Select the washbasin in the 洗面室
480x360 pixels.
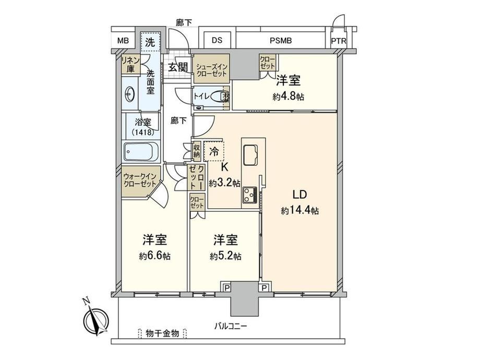(130, 94)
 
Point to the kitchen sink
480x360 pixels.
(250, 155)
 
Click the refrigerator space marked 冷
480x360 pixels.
(214, 151)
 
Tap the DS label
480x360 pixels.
(217, 40)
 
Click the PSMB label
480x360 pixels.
(281, 40)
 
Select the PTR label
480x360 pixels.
(339, 41)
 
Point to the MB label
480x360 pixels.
(123, 41)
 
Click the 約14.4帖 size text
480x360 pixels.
(300, 211)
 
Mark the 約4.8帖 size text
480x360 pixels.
(289, 97)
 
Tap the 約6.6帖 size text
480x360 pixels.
(154, 256)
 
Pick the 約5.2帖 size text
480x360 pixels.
(225, 256)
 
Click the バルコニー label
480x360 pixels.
(230, 326)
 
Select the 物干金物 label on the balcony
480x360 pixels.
(163, 333)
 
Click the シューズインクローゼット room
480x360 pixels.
(211, 69)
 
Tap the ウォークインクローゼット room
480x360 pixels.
(140, 181)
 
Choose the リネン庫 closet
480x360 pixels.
(131, 64)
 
